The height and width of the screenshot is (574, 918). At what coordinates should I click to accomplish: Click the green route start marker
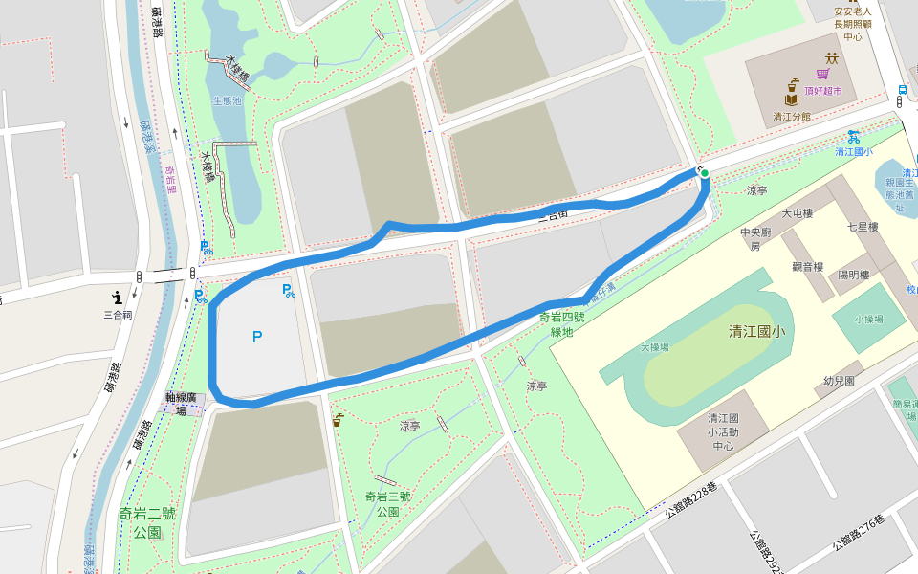click(x=705, y=173)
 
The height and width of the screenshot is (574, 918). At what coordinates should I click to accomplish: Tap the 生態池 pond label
click(x=227, y=100)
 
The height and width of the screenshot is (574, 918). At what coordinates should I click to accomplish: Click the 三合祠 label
click(x=118, y=313)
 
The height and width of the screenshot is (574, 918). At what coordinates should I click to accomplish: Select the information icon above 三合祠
click(x=118, y=296)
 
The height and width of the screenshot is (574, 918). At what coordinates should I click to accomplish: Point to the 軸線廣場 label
click(x=183, y=402)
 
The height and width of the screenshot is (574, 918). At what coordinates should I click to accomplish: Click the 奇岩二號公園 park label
click(x=148, y=522)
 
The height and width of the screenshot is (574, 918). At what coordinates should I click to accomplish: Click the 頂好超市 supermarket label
click(x=822, y=91)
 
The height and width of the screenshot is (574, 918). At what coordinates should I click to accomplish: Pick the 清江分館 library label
click(x=792, y=117)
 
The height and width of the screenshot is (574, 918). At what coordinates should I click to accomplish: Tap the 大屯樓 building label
click(x=797, y=213)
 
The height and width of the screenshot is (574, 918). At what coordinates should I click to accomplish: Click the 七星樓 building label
click(x=862, y=227)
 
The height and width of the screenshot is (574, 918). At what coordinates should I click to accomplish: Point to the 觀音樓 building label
click(x=808, y=266)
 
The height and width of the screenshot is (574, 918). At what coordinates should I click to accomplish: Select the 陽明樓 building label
click(x=853, y=275)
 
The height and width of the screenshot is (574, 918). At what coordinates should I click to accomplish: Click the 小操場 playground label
click(x=868, y=319)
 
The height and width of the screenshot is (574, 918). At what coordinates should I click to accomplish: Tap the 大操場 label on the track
click(x=655, y=347)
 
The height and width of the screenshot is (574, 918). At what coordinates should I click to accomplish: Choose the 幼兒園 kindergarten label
click(x=839, y=381)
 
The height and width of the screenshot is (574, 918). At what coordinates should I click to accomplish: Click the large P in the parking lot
click(x=256, y=336)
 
